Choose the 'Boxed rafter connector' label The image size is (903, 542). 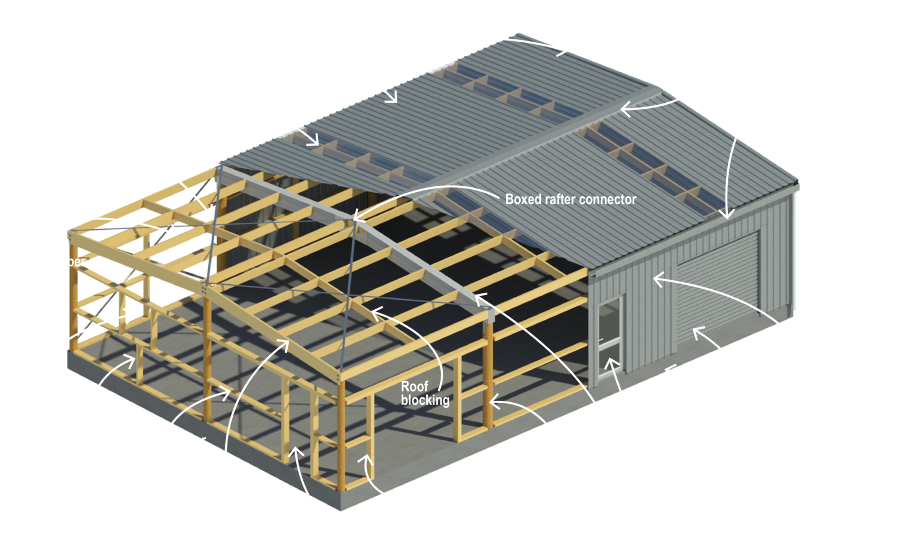(570, 199)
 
